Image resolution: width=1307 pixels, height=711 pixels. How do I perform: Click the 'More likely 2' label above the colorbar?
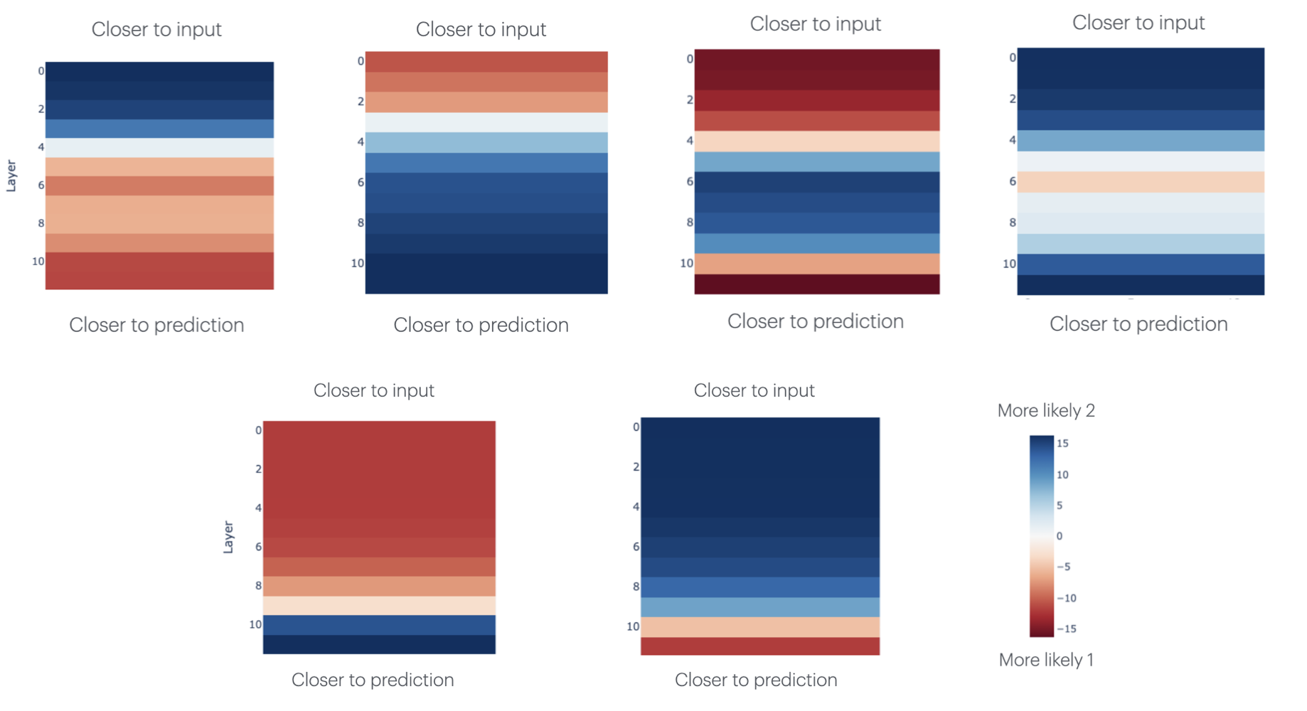point(1045,411)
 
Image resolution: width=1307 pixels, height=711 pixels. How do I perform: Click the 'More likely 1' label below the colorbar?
point(1045,660)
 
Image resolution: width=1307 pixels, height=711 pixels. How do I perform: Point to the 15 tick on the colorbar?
point(1062,444)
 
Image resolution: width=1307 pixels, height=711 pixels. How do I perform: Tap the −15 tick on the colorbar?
point(1066,629)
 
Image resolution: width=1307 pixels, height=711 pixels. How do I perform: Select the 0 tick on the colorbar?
point(1059,536)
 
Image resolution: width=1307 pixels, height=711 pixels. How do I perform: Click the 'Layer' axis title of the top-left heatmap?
point(11,176)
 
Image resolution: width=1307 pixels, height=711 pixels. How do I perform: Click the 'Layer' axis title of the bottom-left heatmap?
point(228,537)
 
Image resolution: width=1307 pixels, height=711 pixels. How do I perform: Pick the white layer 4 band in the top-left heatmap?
point(159,147)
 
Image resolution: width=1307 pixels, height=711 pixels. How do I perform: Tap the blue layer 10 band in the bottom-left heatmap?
point(379,625)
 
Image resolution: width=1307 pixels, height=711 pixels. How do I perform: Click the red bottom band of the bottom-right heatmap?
point(759,646)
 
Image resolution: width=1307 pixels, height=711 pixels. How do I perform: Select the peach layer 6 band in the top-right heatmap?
point(1140,182)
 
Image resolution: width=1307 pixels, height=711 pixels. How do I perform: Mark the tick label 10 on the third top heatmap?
point(686,263)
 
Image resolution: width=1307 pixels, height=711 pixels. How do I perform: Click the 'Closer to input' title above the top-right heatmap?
point(1138,23)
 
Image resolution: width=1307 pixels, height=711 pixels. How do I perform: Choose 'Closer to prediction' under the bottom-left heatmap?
point(373,680)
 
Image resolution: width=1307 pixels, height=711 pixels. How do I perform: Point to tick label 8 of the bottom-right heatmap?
point(636,587)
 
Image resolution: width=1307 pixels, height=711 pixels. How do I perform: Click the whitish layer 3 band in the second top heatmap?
point(486,122)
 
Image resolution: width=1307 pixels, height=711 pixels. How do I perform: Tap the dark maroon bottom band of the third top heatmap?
point(816,284)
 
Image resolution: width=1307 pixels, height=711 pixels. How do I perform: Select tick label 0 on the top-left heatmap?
point(41,71)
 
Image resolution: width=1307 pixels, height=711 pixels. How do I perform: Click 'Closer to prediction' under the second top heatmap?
point(481,325)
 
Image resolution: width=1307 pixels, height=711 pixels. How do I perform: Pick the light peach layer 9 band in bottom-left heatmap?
point(379,605)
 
